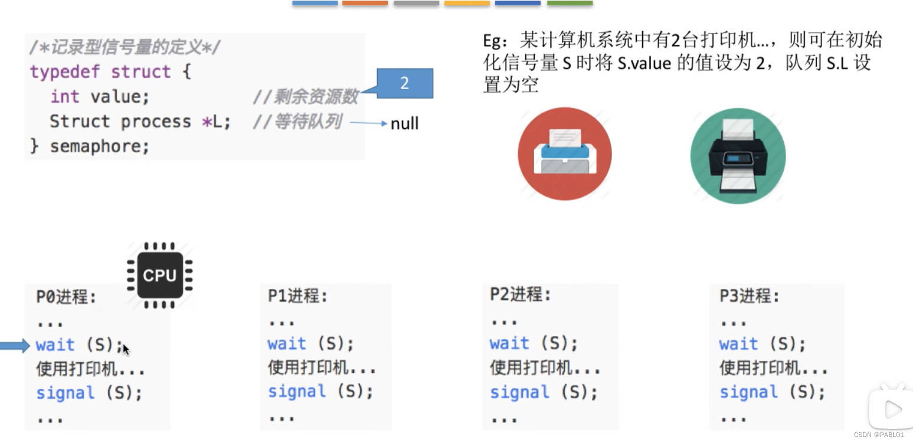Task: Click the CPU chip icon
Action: click(x=159, y=275)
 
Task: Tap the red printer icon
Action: click(x=565, y=154)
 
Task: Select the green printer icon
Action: click(x=738, y=156)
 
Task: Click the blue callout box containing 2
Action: click(x=404, y=83)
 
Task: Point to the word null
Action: click(x=404, y=123)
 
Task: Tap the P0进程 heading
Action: click(x=66, y=297)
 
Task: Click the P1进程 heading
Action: click(x=297, y=295)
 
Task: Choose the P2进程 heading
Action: click(x=520, y=294)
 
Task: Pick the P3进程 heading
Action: click(x=749, y=295)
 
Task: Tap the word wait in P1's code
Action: click(x=287, y=344)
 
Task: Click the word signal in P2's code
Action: click(x=519, y=392)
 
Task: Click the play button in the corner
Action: click(x=892, y=408)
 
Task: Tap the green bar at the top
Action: click(x=570, y=4)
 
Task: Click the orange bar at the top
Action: click(x=365, y=4)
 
